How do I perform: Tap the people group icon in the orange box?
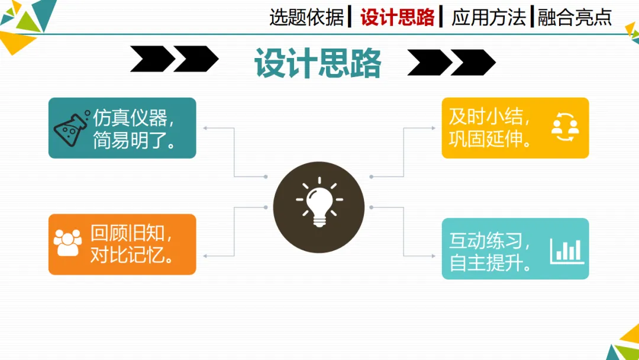pyautogui.click(x=67, y=243)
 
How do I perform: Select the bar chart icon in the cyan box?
pyautogui.click(x=566, y=250)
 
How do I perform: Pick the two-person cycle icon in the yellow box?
pyautogui.click(x=564, y=127)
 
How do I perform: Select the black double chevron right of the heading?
pyautogui.click(x=451, y=62)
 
